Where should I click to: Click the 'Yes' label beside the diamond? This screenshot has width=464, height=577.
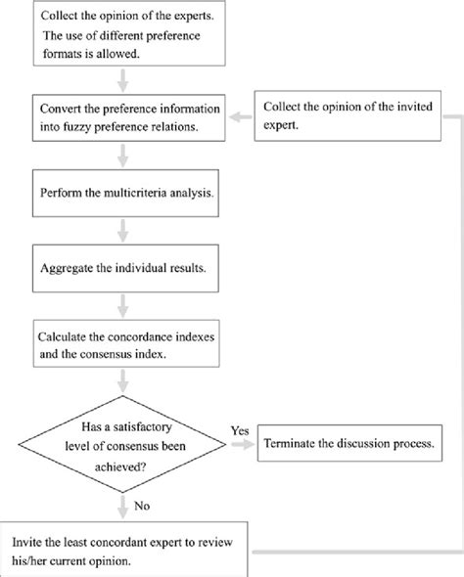(x=239, y=430)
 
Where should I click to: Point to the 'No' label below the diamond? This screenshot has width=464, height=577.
(x=142, y=507)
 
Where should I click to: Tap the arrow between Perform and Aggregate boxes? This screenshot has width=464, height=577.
(x=121, y=231)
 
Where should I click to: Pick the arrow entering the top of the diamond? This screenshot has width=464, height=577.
(x=121, y=384)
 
